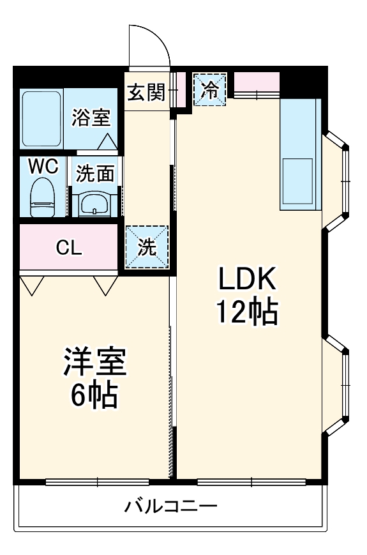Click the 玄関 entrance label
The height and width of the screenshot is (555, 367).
[146, 93]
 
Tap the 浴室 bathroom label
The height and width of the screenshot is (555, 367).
[91, 118]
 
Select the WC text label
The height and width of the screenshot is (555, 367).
[43, 167]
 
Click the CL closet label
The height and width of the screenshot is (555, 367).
[68, 248]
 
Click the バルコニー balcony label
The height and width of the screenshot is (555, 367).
[170, 507]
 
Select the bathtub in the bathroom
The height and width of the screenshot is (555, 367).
[41, 119]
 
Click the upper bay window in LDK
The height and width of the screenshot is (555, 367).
[338, 181]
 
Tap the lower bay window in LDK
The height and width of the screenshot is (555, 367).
[338, 387]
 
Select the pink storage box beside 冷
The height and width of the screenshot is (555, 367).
[257, 82]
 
